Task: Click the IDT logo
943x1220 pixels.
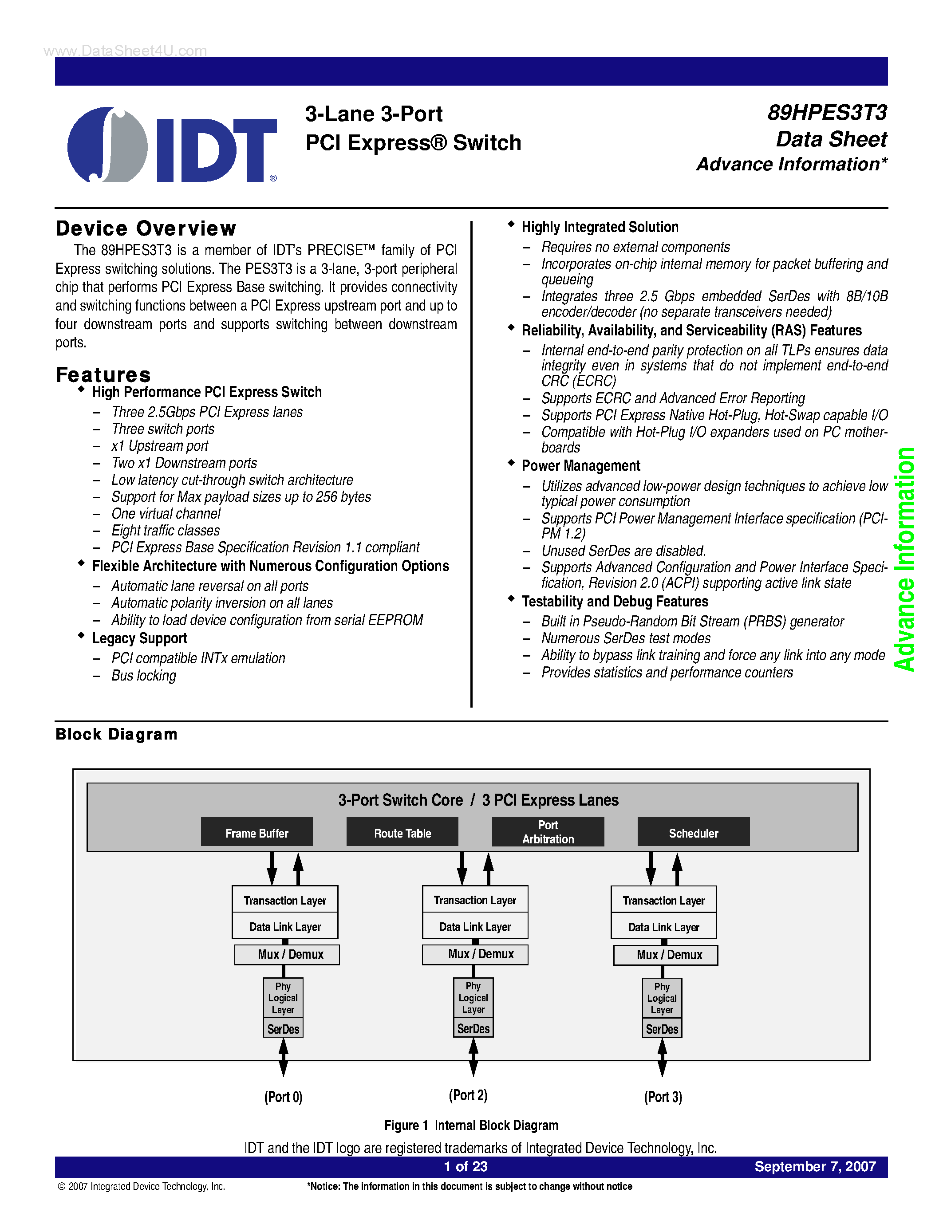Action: pos(172,145)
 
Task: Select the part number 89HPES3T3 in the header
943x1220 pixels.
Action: pos(827,113)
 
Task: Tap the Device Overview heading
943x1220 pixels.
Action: pos(146,228)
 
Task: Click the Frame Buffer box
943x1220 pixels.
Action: pos(256,833)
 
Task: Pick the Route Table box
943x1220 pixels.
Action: pos(402,833)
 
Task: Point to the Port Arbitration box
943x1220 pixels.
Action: pos(548,832)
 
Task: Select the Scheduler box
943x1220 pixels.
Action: pos(693,833)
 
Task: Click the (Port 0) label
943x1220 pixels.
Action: pos(283,1097)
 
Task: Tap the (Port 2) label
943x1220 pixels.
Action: pos(468,1095)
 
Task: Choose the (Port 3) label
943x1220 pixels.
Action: pos(663,1097)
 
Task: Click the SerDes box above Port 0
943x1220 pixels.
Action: pos(283,1028)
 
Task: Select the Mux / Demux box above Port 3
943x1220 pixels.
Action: pos(665,955)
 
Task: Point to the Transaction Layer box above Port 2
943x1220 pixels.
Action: pos(475,900)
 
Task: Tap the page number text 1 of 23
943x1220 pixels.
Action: pos(466,1166)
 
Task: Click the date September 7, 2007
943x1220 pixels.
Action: pos(815,1166)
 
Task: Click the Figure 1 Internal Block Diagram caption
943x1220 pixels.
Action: pos(471,1125)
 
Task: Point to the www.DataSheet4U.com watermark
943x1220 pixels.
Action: pos(125,51)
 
